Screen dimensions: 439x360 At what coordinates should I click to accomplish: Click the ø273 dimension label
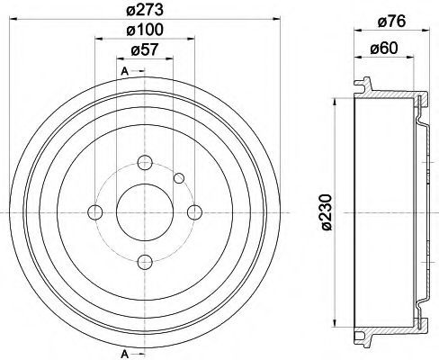point(145,11)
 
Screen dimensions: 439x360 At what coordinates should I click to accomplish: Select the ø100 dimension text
point(145,30)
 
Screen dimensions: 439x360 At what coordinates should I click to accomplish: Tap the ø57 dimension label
point(145,49)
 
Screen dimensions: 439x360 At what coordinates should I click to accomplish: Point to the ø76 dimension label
point(391,22)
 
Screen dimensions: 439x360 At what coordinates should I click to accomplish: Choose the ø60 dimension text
point(384,48)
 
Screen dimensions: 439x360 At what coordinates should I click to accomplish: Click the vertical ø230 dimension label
point(327,212)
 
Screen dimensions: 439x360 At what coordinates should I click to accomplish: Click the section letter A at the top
point(125,71)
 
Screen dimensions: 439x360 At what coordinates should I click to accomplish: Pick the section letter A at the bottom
point(125,354)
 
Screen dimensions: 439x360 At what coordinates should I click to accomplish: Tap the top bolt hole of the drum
point(145,163)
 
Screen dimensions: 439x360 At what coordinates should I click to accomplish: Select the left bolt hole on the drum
point(95,212)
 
